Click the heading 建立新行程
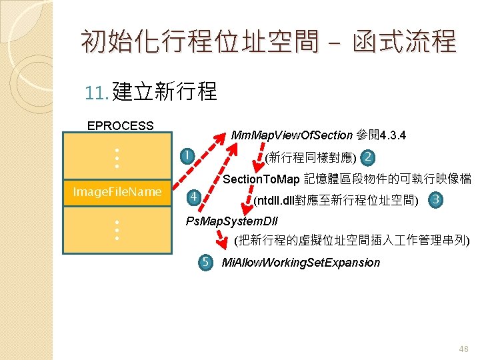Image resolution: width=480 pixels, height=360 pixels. [165, 91]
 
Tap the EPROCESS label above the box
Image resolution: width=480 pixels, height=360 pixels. [121, 125]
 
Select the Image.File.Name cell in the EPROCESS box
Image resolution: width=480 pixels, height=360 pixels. [117, 192]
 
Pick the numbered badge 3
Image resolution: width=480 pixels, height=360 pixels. [436, 199]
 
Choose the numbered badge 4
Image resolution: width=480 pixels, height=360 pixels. [192, 197]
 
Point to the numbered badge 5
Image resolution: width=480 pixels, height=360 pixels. [207, 262]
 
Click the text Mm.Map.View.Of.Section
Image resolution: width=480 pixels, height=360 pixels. [291, 136]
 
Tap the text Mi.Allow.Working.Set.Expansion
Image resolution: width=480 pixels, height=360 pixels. [301, 263]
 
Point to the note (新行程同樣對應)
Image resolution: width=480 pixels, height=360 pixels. [310, 159]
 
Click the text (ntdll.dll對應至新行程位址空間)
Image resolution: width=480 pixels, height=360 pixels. [336, 200]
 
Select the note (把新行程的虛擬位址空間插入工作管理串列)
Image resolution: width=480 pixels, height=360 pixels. [352, 240]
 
